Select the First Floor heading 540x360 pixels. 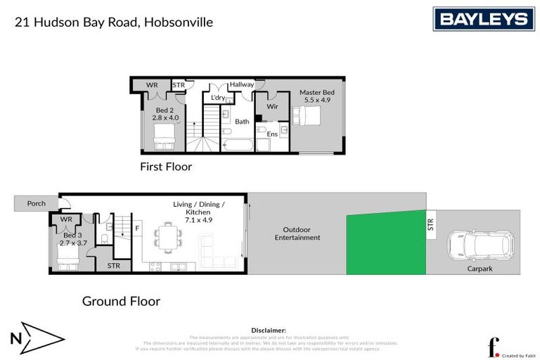[x=165, y=167]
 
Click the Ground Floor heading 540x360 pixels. [x=121, y=301]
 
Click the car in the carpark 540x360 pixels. [x=480, y=246]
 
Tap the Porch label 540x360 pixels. [x=37, y=204]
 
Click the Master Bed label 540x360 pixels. [x=316, y=92]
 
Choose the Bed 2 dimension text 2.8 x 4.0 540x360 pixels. [x=166, y=117]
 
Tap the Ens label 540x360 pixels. [x=271, y=134]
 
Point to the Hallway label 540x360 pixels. [x=241, y=84]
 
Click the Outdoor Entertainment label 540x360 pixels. [x=302, y=233]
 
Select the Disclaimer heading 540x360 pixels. [x=269, y=330]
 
